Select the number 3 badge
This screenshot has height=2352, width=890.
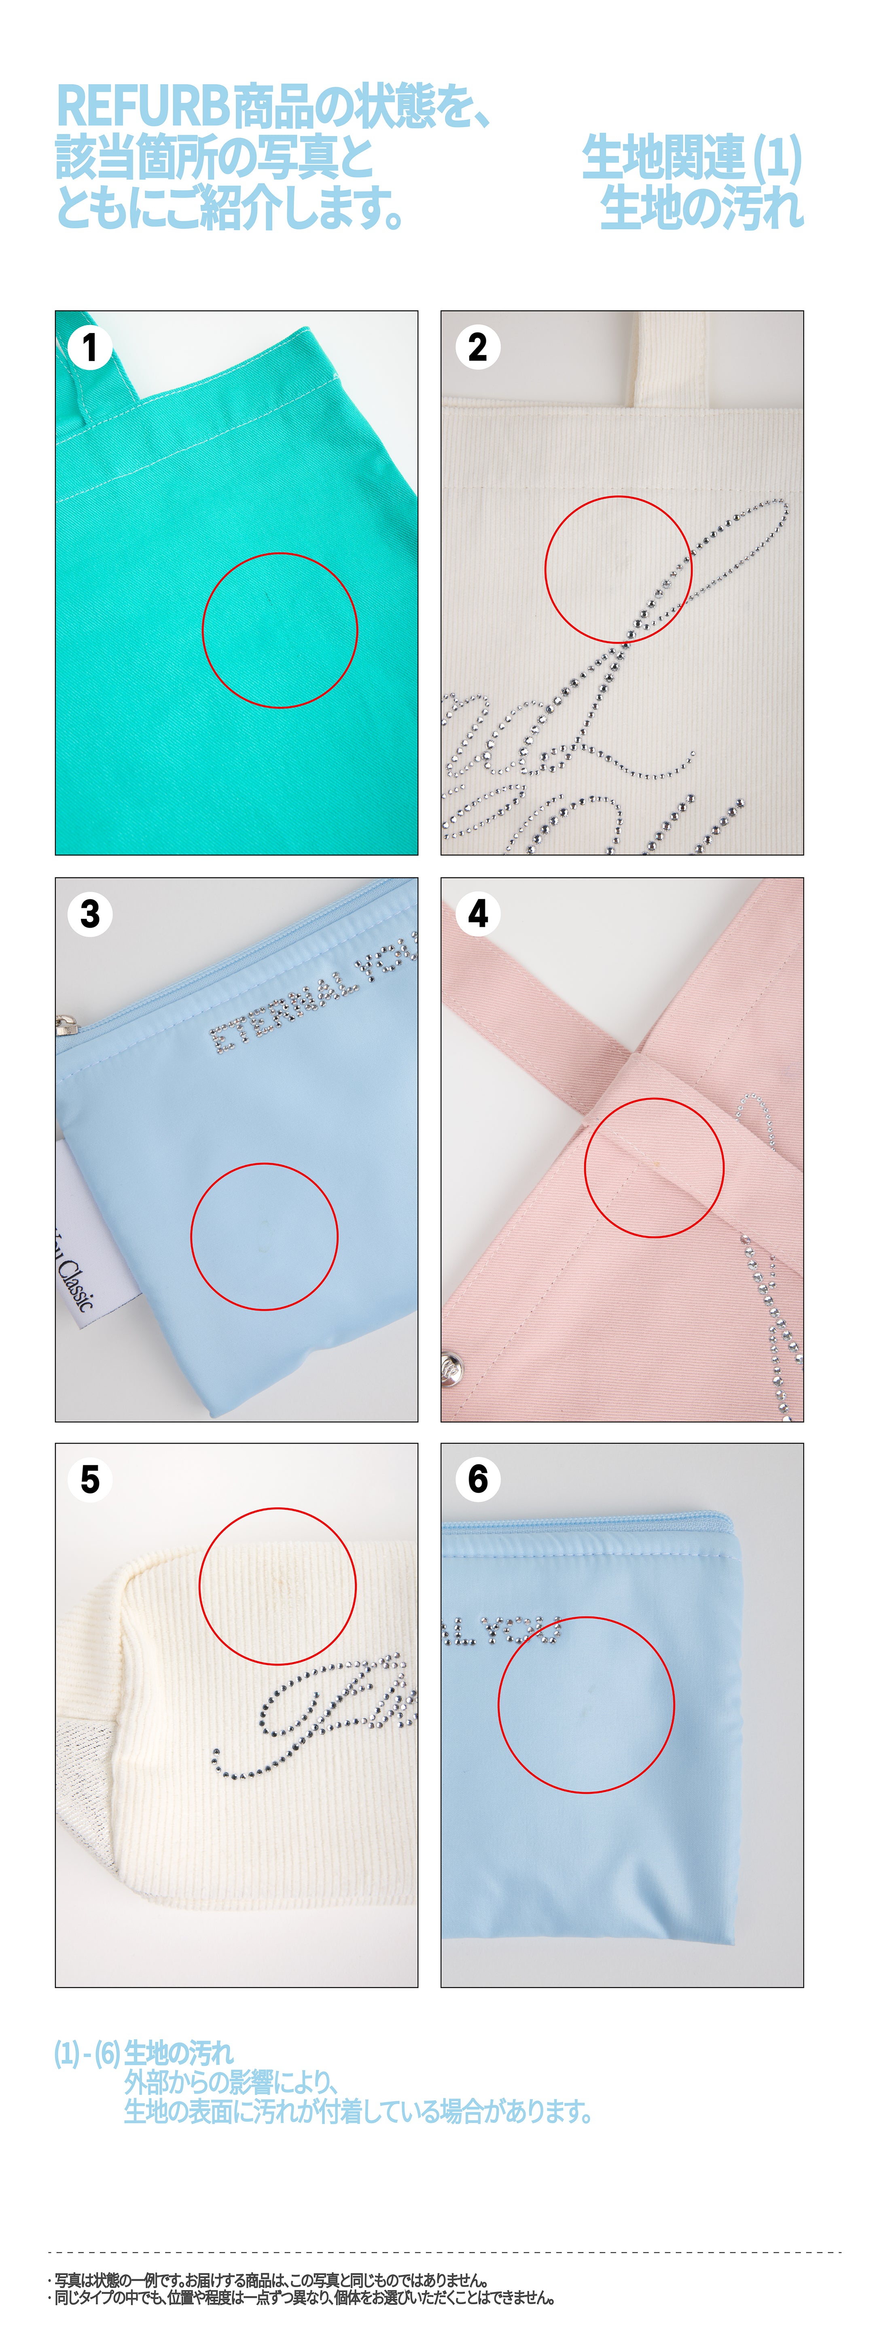tap(89, 914)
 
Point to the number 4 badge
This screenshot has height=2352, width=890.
tap(477, 914)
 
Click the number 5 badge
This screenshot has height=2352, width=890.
tap(89, 1479)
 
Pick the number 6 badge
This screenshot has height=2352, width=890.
tap(477, 1479)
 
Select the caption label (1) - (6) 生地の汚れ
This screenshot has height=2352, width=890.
tap(143, 2053)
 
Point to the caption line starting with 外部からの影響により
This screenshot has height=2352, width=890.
tap(232, 2083)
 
